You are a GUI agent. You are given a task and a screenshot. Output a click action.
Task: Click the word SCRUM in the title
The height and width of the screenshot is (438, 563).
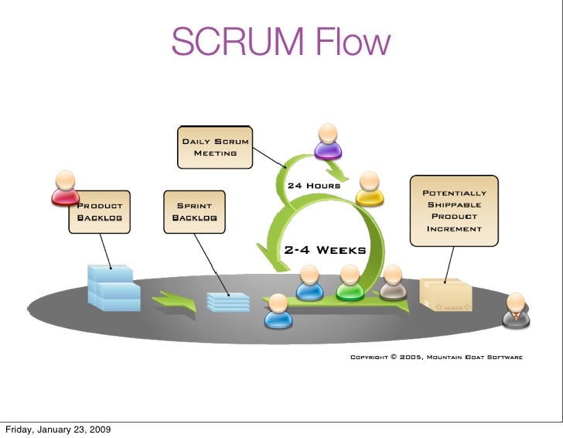pyautogui.click(x=231, y=42)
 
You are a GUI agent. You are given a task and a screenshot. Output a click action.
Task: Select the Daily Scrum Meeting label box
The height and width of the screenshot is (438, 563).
pyautogui.click(x=215, y=147)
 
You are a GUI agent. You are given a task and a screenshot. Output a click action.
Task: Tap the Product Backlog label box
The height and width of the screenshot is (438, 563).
pyautogui.click(x=99, y=211)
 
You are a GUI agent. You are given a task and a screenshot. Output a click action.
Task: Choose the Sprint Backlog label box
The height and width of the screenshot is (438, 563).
pyautogui.click(x=194, y=211)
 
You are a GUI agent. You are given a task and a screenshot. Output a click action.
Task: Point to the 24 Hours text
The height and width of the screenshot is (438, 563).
pyautogui.click(x=313, y=186)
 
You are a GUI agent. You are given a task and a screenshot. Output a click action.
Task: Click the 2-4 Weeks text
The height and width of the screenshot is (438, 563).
pyautogui.click(x=325, y=250)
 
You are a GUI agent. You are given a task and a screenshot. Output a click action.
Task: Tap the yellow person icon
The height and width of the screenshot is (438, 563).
pyautogui.click(x=370, y=190)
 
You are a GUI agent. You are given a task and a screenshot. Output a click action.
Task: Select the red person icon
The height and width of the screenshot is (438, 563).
pyautogui.click(x=65, y=188)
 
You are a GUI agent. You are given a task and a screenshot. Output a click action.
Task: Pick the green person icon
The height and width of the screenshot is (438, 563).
pyautogui.click(x=350, y=283)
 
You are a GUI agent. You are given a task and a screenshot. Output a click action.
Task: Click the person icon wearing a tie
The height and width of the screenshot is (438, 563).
pyautogui.click(x=514, y=309)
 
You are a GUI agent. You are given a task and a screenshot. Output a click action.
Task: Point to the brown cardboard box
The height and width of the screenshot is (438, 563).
pyautogui.click(x=445, y=296)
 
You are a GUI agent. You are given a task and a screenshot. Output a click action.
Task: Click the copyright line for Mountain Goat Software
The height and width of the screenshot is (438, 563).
pyautogui.click(x=436, y=358)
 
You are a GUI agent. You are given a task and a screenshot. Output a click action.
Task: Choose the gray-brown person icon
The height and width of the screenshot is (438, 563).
pyautogui.click(x=392, y=283)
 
